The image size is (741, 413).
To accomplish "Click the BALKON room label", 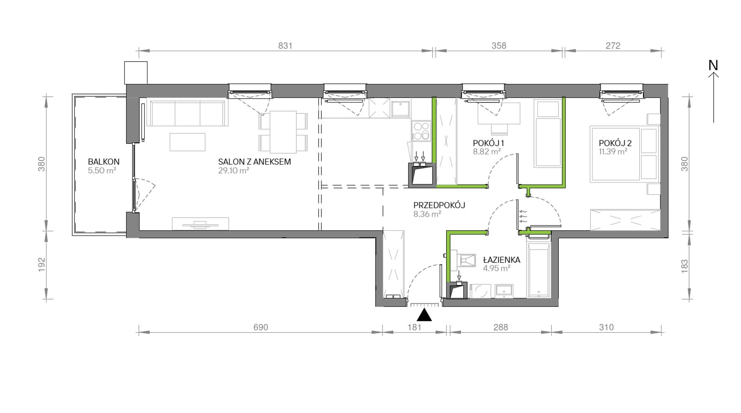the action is (x=103, y=161).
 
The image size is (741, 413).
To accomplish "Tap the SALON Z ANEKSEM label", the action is (x=254, y=161).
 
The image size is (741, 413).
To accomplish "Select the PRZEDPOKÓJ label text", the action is (x=439, y=205).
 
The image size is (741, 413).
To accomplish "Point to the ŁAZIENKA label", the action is (x=502, y=259).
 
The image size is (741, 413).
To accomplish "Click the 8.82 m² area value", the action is (x=487, y=151).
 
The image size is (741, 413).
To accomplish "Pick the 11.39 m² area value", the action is (x=613, y=151).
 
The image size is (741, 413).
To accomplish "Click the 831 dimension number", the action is (x=285, y=46).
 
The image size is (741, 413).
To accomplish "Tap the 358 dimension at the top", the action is (x=499, y=46).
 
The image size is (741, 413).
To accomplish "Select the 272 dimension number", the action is (x=613, y=46).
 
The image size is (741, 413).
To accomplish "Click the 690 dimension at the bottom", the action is (x=261, y=327).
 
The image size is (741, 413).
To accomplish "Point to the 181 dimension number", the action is (x=415, y=327).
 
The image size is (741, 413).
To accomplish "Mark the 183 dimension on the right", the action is (x=684, y=266).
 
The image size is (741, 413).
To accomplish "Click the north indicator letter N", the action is (x=713, y=65).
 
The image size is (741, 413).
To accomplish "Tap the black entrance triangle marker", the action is (x=424, y=315).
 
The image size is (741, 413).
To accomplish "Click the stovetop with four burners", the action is (x=421, y=131).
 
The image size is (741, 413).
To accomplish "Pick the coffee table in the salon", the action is (x=187, y=142).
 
